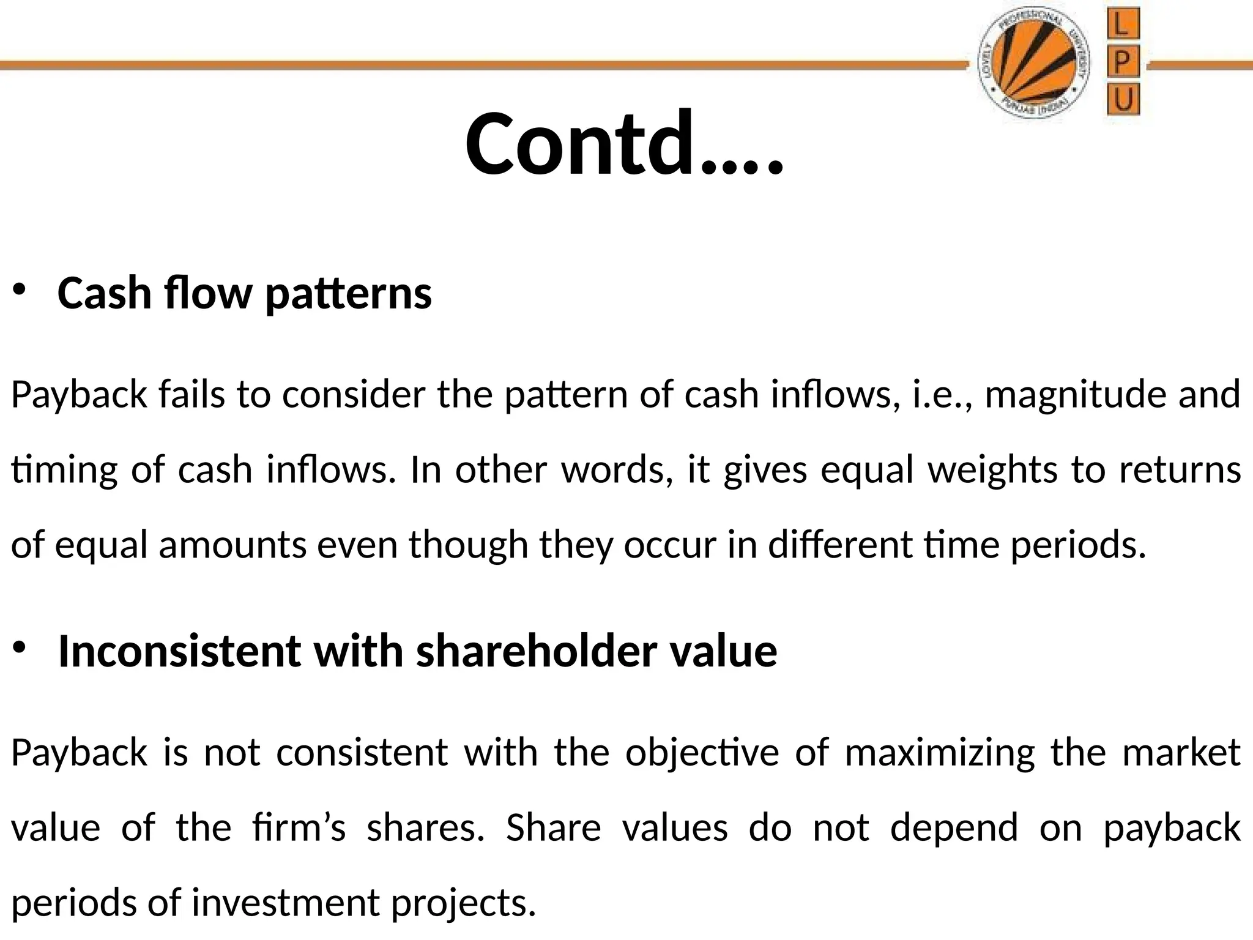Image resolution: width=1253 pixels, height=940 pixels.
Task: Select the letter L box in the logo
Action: [x=1123, y=26]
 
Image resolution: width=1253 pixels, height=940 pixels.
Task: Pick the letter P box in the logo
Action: [x=1123, y=62]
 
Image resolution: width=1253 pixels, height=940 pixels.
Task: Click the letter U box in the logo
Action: [x=1123, y=99]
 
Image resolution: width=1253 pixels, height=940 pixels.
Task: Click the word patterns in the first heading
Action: [x=349, y=294]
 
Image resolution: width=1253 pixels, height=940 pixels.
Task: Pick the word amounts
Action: [x=232, y=545]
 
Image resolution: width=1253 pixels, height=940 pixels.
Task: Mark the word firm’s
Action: [x=299, y=827]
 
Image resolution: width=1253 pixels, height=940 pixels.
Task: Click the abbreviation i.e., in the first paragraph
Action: [x=942, y=395]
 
